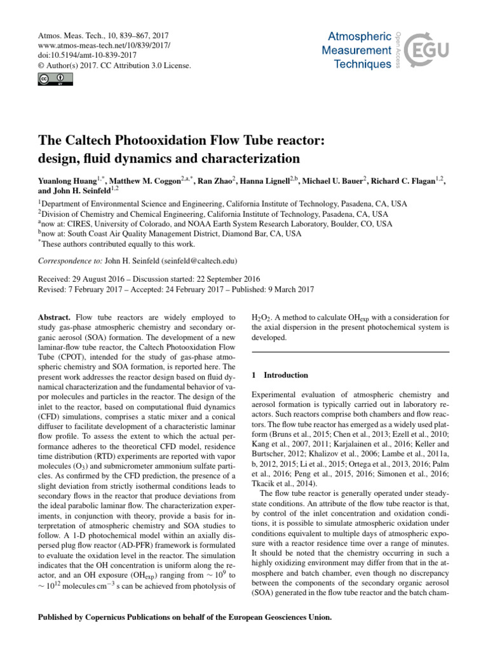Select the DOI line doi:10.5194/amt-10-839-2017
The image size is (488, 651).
[x=82, y=55]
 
